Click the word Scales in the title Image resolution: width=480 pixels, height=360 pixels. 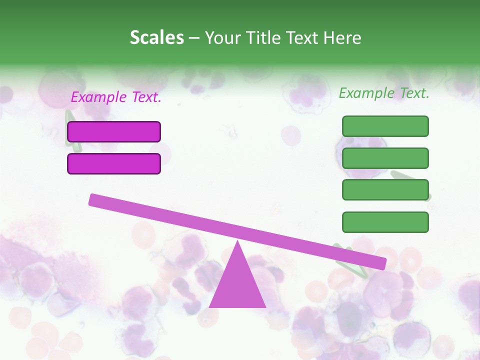[156, 38]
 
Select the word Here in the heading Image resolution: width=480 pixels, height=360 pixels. [342, 38]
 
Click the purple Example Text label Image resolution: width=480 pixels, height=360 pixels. [116, 97]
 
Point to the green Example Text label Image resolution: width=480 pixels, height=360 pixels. [384, 93]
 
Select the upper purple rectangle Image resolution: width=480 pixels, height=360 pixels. [114, 131]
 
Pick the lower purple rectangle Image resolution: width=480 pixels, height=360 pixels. [114, 163]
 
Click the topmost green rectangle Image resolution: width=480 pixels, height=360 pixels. [385, 126]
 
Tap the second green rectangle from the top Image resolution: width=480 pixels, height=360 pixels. [385, 158]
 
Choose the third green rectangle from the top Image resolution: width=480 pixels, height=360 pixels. [385, 190]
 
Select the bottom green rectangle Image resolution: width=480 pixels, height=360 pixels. [385, 222]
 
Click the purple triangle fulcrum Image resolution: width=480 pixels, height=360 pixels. [237, 285]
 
